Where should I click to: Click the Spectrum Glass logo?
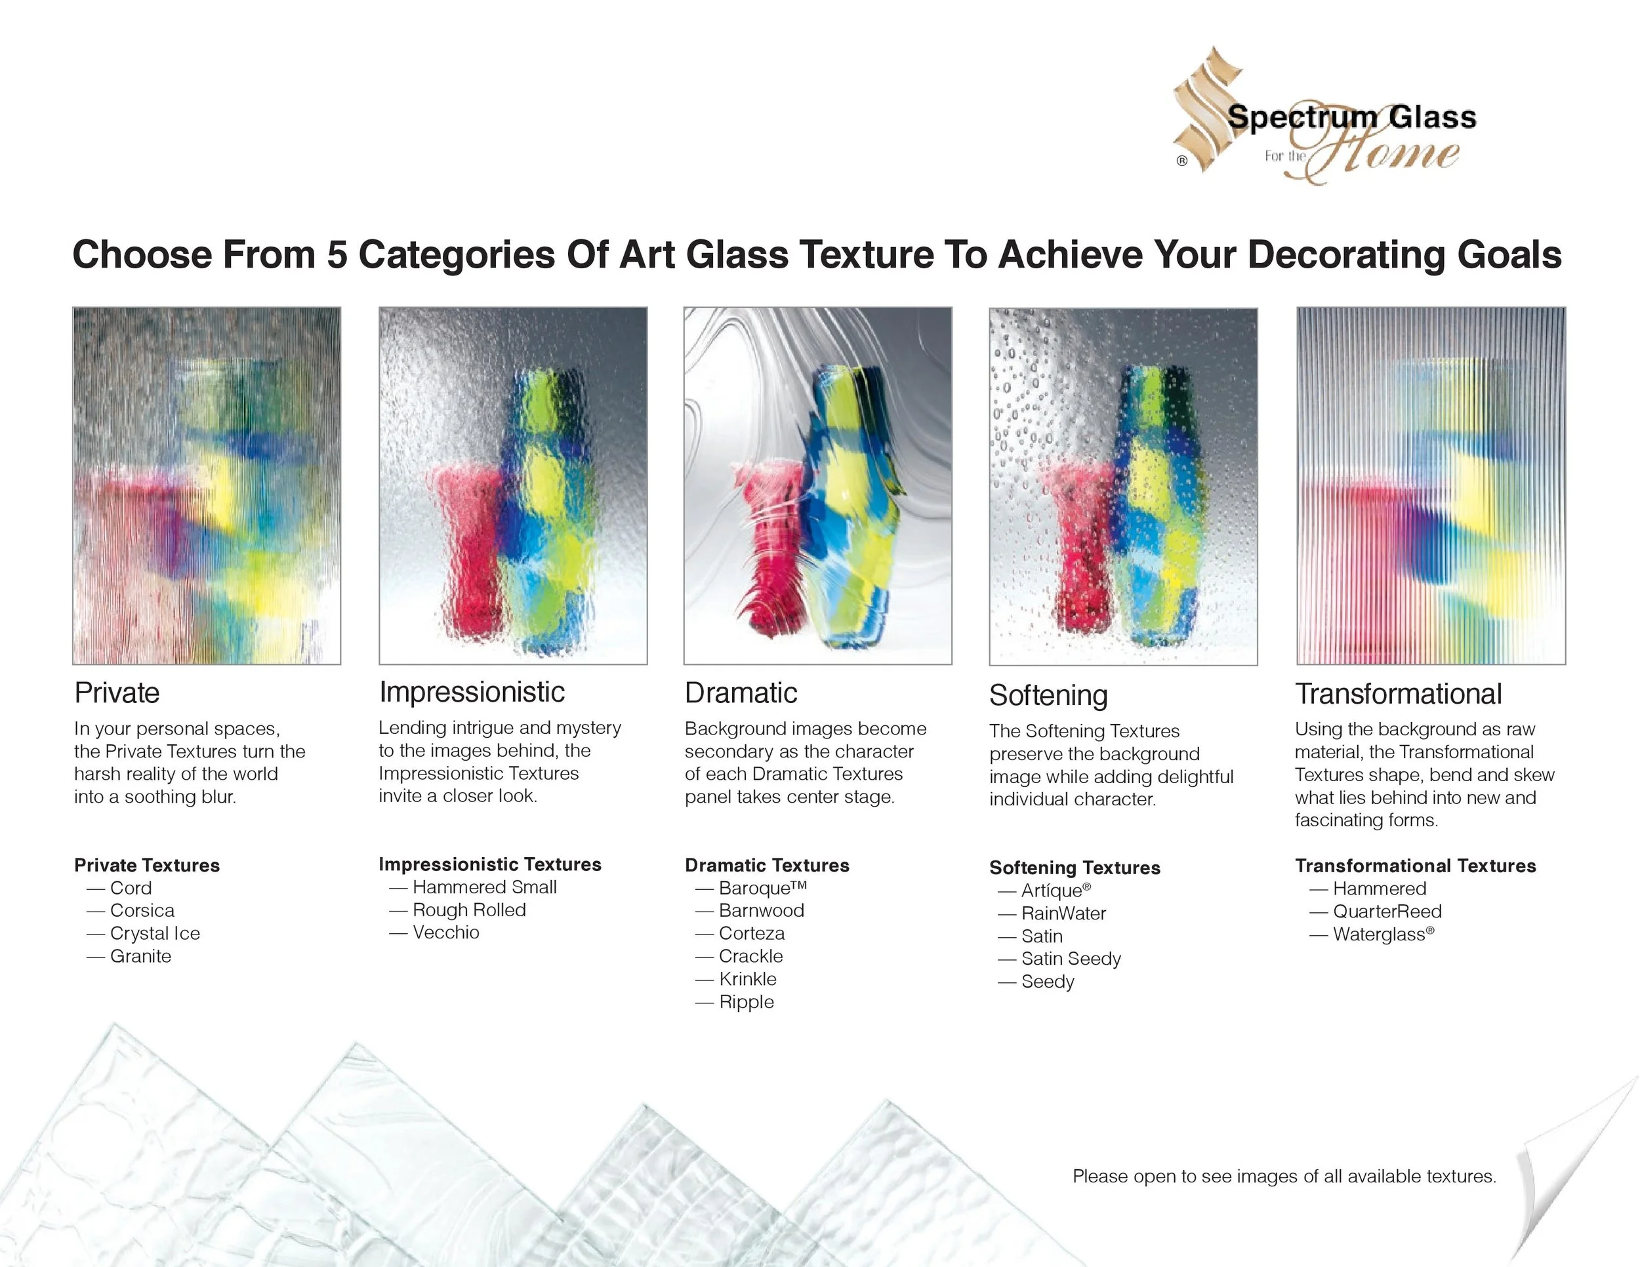coord(1324,118)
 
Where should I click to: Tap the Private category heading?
coord(117,693)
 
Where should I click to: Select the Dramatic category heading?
coord(741,693)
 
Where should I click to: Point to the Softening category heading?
coord(1048,695)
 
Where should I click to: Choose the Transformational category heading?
coord(1398,694)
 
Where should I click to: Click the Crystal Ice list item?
coord(155,933)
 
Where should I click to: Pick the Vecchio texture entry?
coord(446,933)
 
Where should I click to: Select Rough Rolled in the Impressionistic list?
coord(469,910)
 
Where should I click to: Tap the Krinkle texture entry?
coord(748,978)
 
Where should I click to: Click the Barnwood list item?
coord(762,910)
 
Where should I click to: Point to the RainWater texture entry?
coord(1063,914)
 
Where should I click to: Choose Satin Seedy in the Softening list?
coord(1071,959)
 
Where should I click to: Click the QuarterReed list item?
coord(1387,911)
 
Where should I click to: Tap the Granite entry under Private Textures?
coord(140,956)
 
